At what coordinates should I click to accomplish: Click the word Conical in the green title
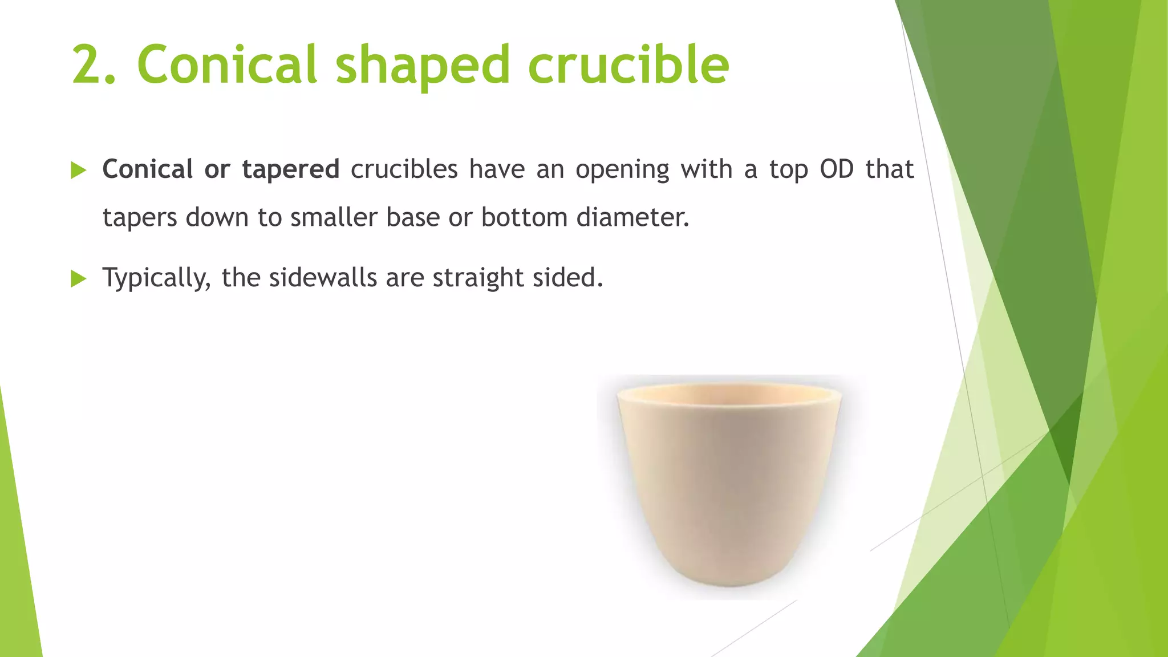pos(226,64)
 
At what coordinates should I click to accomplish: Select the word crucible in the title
pos(628,64)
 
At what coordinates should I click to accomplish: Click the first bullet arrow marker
pos(78,171)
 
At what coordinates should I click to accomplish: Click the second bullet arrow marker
pos(78,279)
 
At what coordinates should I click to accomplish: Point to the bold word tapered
pos(290,170)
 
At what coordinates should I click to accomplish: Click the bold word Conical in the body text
pos(148,169)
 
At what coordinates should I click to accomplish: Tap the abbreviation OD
pos(836,169)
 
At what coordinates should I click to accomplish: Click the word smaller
pos(334,217)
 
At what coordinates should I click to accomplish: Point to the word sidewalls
pos(323,278)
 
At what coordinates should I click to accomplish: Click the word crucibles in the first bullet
pos(404,169)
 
